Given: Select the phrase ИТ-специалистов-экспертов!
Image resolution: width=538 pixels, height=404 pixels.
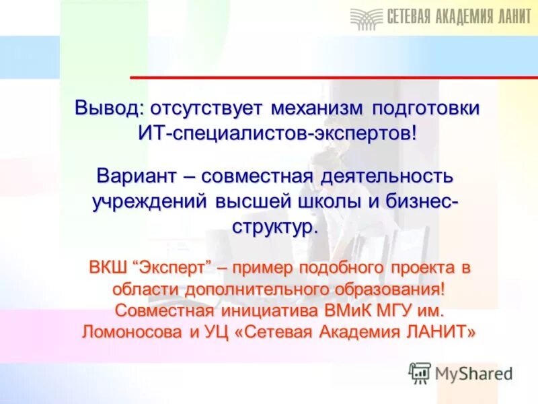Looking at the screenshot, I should (x=277, y=132).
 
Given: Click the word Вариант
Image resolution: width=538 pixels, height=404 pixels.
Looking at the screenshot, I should (x=136, y=177).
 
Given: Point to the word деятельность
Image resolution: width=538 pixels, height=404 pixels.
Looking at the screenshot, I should (x=390, y=177).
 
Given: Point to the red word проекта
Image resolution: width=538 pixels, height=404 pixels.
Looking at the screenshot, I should (x=423, y=267).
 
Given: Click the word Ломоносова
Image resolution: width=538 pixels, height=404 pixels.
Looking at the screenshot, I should (x=122, y=332).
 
